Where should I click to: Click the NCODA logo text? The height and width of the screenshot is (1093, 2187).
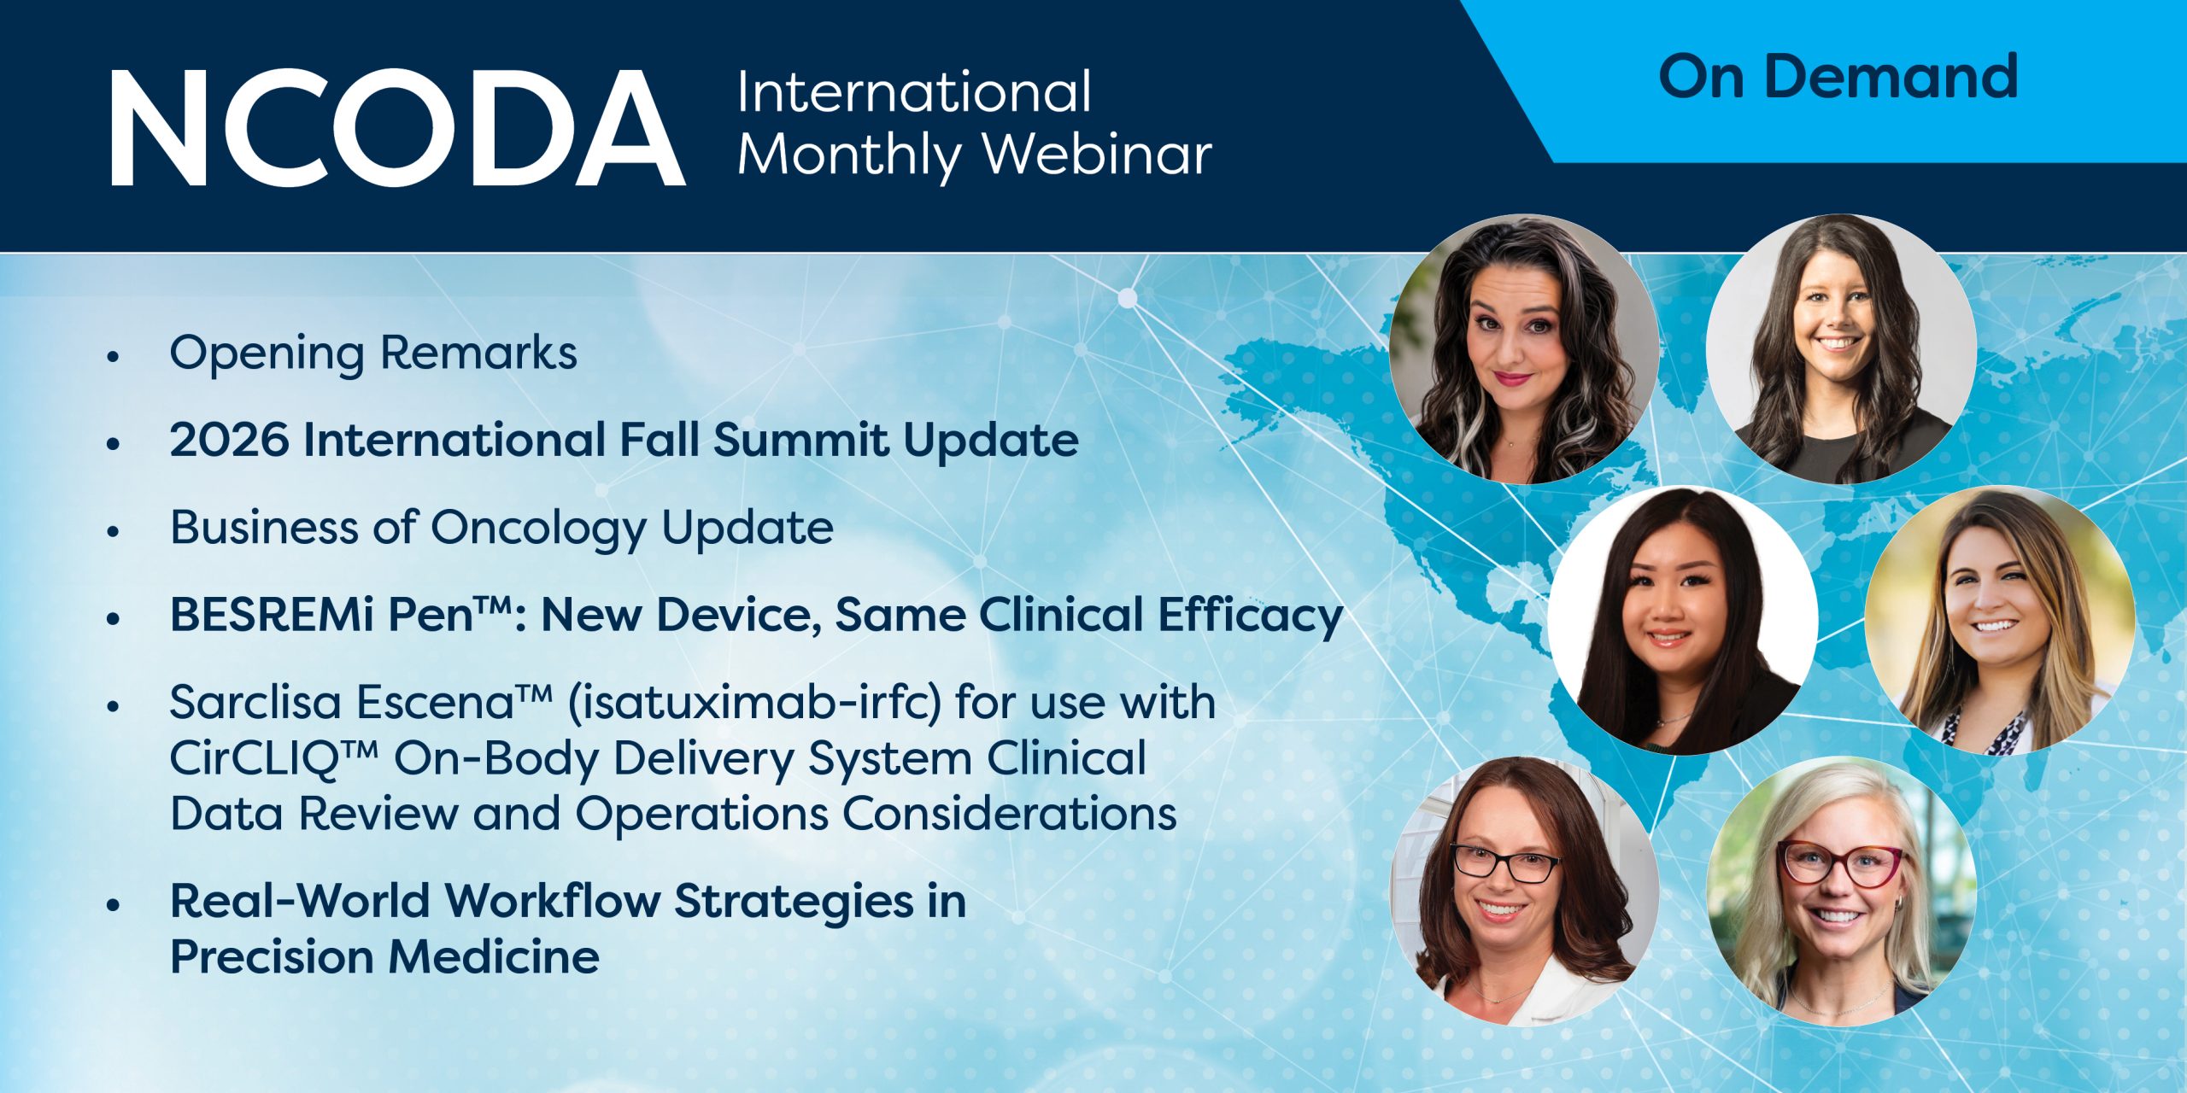[x=398, y=128]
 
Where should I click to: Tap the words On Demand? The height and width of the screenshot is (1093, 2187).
[x=1838, y=77]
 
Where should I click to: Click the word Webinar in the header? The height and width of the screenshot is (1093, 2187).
[x=1098, y=155]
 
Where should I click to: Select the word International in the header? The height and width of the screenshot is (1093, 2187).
[x=914, y=91]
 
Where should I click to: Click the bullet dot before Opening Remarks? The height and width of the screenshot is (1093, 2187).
[x=112, y=357]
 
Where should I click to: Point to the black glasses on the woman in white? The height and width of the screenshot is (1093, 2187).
[x=1505, y=864]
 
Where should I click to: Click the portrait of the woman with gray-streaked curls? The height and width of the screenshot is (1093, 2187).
[x=1524, y=348]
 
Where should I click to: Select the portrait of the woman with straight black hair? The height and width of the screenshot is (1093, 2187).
[x=1682, y=621]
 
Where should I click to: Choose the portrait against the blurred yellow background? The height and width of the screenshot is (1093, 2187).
[x=1999, y=621]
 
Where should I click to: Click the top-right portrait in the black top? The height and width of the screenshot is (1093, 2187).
[x=1841, y=348]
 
